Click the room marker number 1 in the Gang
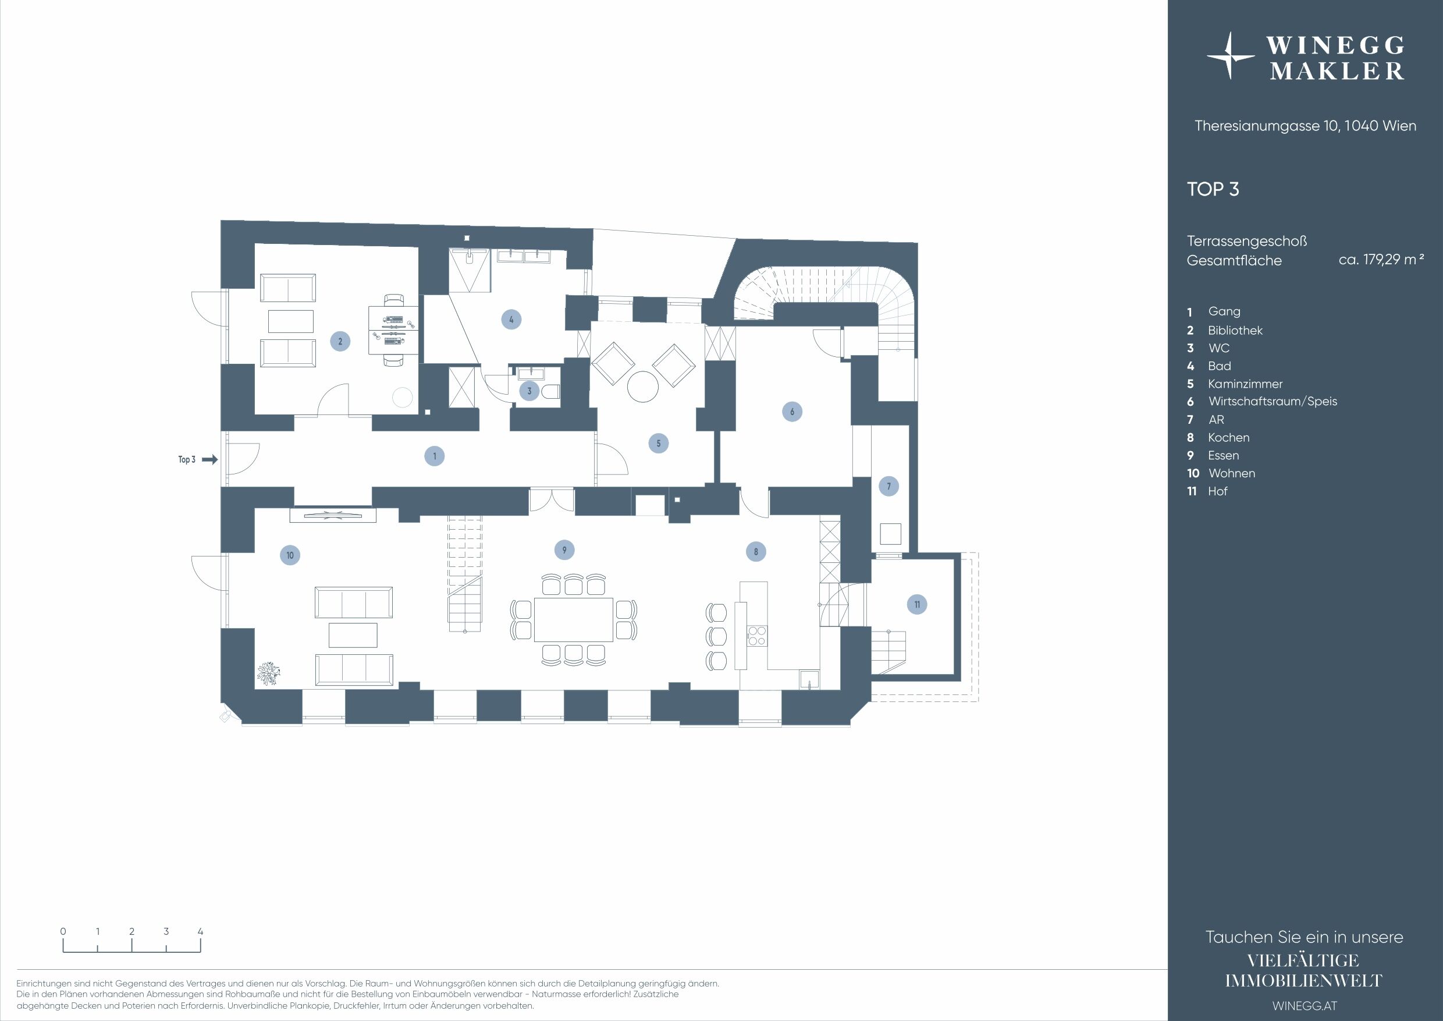click(x=434, y=456)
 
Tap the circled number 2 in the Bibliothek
click(x=340, y=341)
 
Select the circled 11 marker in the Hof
click(x=917, y=605)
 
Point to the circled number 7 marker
click(x=888, y=486)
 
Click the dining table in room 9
click(x=573, y=619)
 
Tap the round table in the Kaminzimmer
click(x=643, y=386)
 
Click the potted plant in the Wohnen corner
click(x=269, y=673)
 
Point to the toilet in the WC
click(x=551, y=392)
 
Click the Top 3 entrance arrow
click(x=210, y=460)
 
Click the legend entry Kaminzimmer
click(x=1245, y=384)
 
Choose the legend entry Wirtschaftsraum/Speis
click(x=1272, y=401)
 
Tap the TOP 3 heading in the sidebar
click(x=1213, y=189)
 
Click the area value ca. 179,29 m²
click(x=1381, y=259)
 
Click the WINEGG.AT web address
click(x=1304, y=1006)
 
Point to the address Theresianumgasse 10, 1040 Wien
click(x=1305, y=126)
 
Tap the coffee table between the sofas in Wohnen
click(x=353, y=635)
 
